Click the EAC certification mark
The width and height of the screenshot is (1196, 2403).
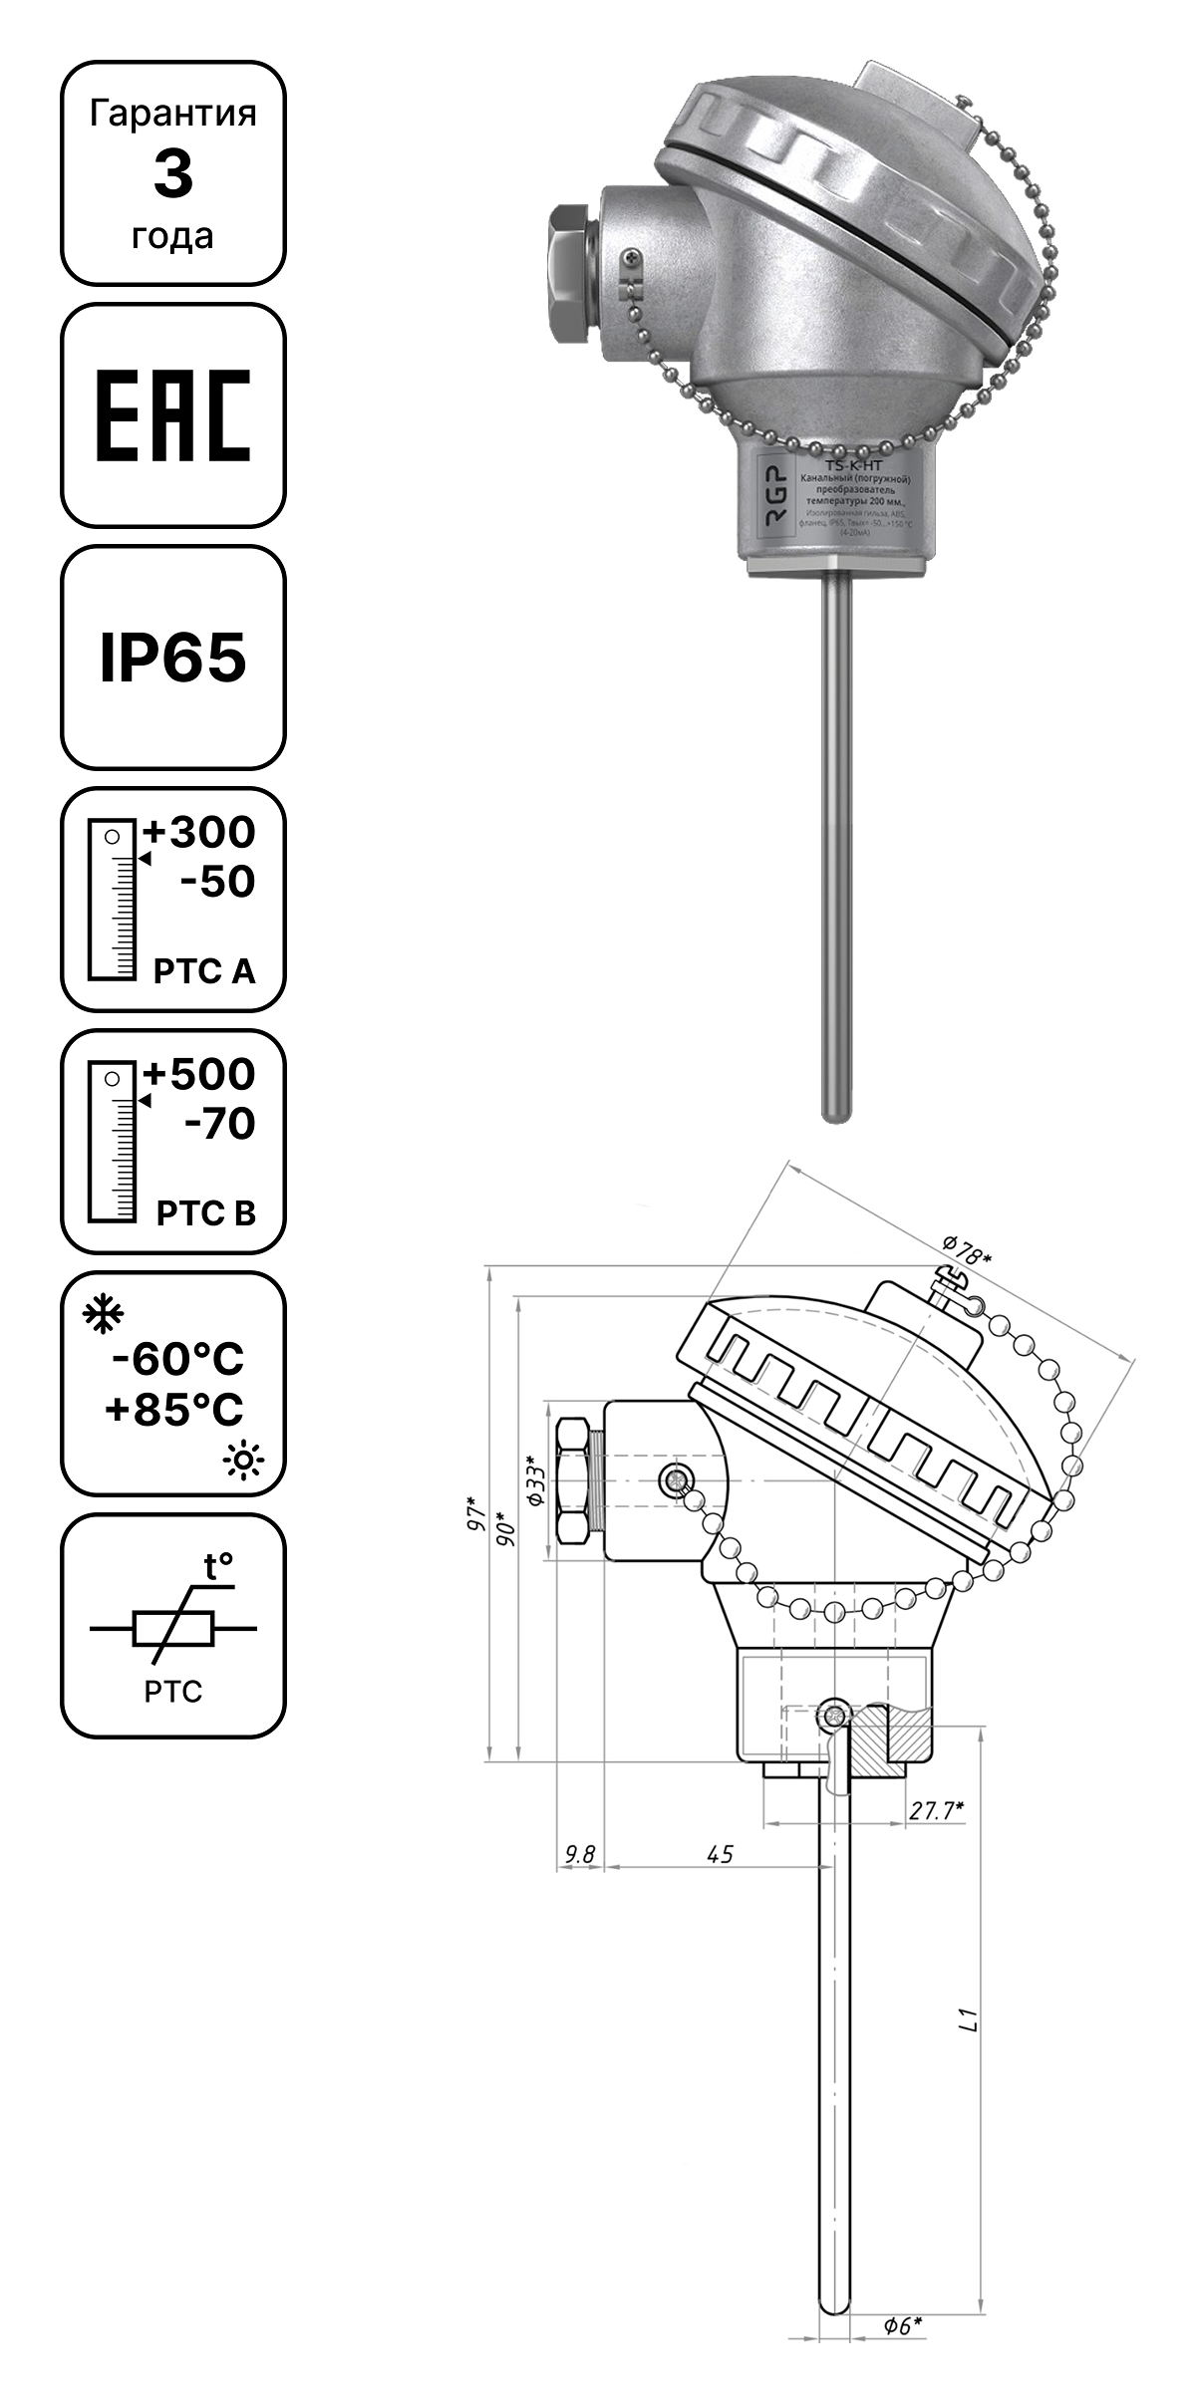coord(172,415)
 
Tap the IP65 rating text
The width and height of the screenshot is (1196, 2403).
coord(172,659)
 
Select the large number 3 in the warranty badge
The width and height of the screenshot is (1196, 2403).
coord(172,174)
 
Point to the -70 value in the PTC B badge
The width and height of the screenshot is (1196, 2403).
coord(220,1124)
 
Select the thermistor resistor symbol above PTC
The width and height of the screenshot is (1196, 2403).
coord(172,1629)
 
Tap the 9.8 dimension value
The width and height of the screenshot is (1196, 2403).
coord(579,1854)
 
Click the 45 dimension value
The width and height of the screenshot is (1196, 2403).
coord(720,1854)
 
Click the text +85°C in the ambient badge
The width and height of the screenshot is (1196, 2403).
coord(175,1410)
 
